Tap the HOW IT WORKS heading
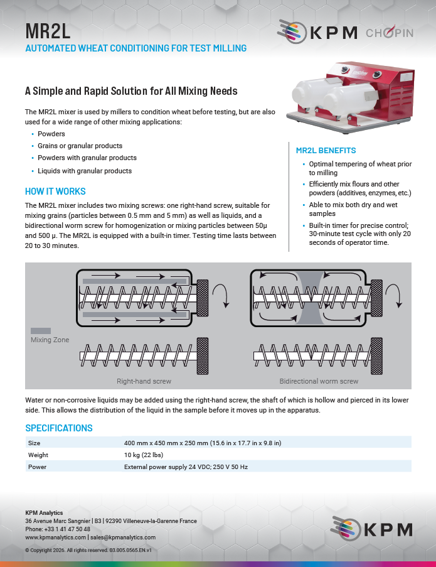point(55,192)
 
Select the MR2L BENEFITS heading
point(326,151)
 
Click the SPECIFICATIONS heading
point(58,428)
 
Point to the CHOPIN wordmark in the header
point(389,33)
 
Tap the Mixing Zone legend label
point(50,340)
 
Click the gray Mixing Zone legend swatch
point(41,330)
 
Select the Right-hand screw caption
point(144,381)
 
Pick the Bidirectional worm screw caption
point(319,381)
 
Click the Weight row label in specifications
point(38,455)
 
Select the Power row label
point(36,467)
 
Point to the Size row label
point(34,443)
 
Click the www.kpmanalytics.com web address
point(55,537)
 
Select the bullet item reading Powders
point(51,134)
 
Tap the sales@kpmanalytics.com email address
point(122,537)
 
